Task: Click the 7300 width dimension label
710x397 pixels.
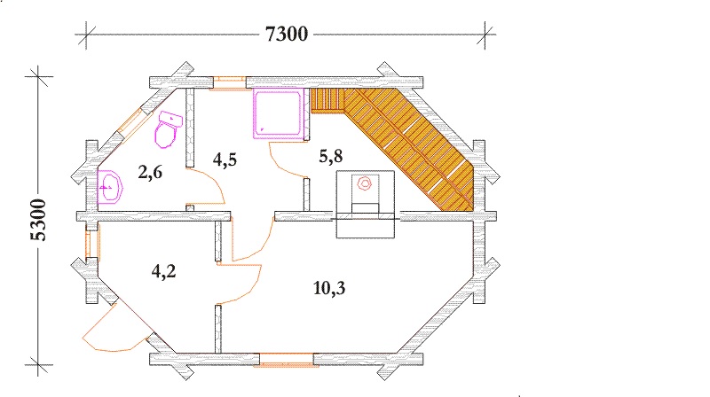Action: (x=286, y=34)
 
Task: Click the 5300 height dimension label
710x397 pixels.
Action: (x=38, y=220)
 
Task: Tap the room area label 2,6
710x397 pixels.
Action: (x=150, y=172)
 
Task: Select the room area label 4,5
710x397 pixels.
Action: (x=225, y=160)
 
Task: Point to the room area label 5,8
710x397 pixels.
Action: (x=330, y=157)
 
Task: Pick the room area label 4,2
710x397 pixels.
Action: (x=163, y=271)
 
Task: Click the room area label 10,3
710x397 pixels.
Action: (x=329, y=288)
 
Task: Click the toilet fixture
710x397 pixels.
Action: (x=168, y=129)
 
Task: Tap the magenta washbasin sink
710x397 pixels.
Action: (x=110, y=187)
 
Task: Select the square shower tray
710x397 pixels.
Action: (x=278, y=114)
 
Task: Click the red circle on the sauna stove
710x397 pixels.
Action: (x=364, y=183)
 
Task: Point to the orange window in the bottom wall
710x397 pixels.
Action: (x=286, y=361)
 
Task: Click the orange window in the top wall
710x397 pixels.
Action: (x=229, y=83)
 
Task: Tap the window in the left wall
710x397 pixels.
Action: (x=93, y=245)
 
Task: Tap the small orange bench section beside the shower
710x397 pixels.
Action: (x=327, y=100)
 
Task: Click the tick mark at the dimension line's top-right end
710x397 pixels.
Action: (x=485, y=35)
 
